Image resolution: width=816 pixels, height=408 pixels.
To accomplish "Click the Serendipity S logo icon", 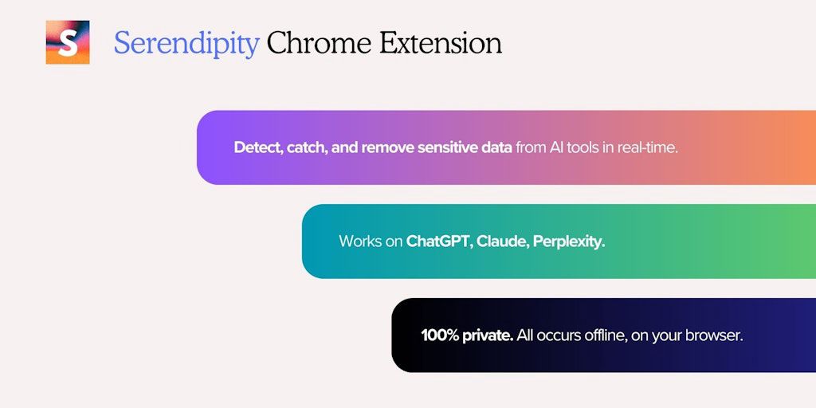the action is (x=68, y=42).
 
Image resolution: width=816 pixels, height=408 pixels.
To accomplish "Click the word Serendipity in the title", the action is (x=186, y=43).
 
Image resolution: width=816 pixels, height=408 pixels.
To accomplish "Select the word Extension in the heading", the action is (x=440, y=42).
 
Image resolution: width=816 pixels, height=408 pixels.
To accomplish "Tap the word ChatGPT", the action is (x=439, y=241).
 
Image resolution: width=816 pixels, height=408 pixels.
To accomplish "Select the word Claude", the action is (x=502, y=241).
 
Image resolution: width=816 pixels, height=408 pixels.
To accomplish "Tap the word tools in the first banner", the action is (x=583, y=147).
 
